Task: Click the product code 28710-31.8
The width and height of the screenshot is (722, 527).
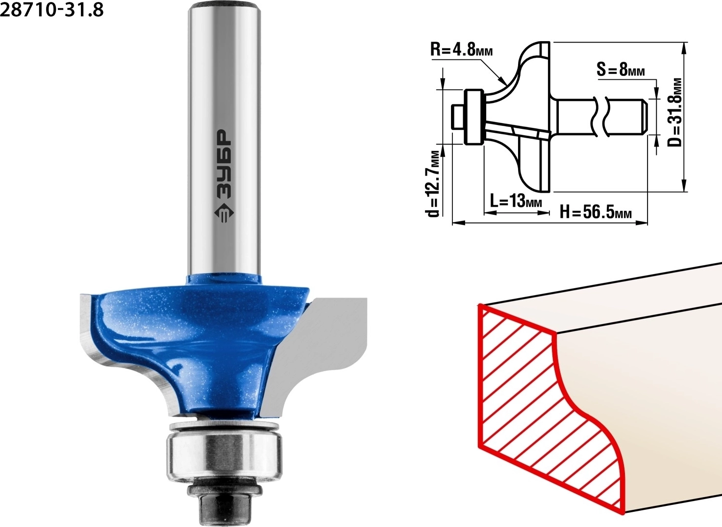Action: pyautogui.click(x=52, y=10)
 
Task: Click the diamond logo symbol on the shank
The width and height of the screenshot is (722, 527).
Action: pyautogui.click(x=224, y=213)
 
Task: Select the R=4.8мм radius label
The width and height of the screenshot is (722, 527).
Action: pyautogui.click(x=462, y=50)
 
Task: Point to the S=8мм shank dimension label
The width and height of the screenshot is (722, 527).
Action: pyautogui.click(x=621, y=69)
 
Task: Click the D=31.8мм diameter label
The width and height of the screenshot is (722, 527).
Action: pyautogui.click(x=675, y=112)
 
